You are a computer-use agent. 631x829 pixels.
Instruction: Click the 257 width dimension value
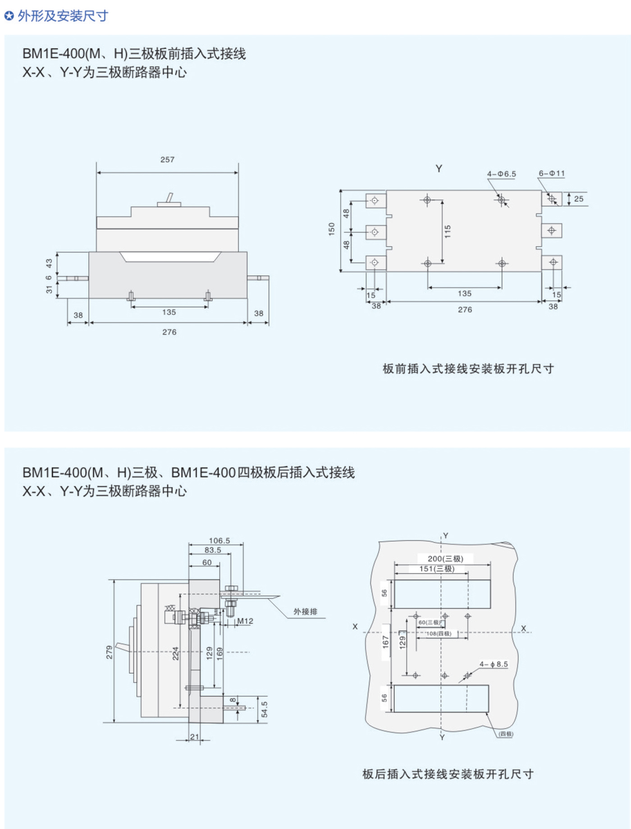click(x=167, y=159)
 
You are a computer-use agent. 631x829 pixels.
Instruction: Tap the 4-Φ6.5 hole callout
click(x=501, y=174)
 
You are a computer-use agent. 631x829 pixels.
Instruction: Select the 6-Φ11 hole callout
click(x=551, y=173)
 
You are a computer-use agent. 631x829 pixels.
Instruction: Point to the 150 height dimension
click(x=332, y=229)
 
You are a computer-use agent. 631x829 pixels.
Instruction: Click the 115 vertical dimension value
click(x=447, y=231)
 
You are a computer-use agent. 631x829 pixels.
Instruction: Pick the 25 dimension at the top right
click(x=579, y=199)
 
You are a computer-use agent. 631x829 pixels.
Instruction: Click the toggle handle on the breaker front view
click(x=169, y=198)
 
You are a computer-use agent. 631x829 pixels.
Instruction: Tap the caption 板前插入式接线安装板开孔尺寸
click(x=468, y=369)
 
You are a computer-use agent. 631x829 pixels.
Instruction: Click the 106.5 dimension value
click(x=219, y=540)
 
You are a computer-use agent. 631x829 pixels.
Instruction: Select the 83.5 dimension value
click(x=213, y=550)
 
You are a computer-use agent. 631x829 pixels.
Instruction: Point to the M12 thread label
click(x=245, y=621)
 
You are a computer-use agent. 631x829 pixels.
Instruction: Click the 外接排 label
click(x=305, y=612)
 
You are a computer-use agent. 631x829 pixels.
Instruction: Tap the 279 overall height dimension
click(x=109, y=652)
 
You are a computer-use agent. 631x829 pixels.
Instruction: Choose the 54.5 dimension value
click(x=265, y=709)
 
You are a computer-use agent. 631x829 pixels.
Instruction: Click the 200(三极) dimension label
click(x=445, y=558)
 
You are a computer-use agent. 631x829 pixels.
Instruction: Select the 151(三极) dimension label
click(x=437, y=569)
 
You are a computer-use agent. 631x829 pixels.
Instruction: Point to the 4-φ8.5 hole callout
click(x=494, y=664)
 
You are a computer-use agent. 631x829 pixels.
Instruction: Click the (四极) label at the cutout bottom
click(x=506, y=734)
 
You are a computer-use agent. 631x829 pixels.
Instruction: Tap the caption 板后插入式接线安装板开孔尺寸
click(x=448, y=774)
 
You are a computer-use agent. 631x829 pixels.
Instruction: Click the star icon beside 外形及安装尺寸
click(x=9, y=16)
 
